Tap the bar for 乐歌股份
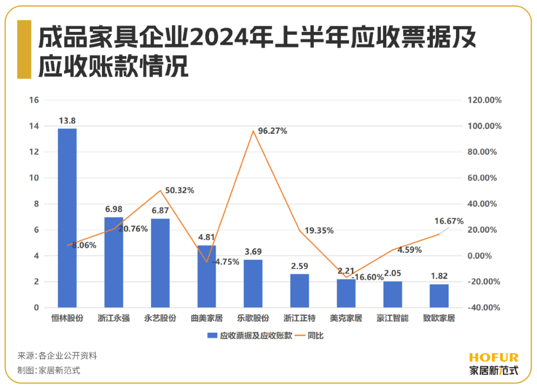(x=253, y=284)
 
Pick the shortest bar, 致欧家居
(x=439, y=296)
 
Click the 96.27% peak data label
(x=272, y=132)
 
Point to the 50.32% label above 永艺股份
(x=179, y=191)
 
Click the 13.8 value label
(x=67, y=121)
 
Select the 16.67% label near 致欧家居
(x=448, y=221)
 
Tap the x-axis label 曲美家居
(x=206, y=318)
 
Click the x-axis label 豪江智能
(x=392, y=318)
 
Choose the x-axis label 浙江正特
(x=299, y=318)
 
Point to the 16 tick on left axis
(x=34, y=100)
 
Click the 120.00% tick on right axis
(x=485, y=100)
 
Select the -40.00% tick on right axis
(x=485, y=308)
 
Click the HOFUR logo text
(x=493, y=358)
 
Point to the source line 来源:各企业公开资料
(x=57, y=356)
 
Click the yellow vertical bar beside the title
(x=24, y=49)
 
